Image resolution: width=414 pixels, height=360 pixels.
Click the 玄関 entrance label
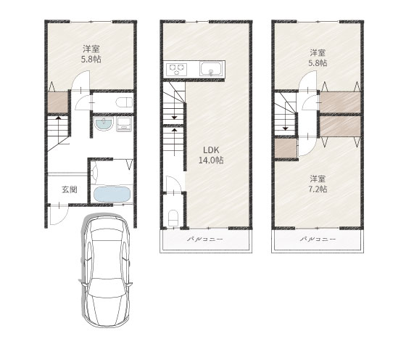[70, 189]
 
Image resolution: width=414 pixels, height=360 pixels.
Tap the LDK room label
[211, 150]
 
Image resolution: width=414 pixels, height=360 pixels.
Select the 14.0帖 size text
[211, 160]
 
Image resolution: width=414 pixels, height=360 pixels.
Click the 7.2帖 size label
[318, 189]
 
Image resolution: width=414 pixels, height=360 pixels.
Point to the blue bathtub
[112, 195]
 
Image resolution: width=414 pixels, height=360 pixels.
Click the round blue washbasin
[104, 124]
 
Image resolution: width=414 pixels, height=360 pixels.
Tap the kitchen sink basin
[211, 69]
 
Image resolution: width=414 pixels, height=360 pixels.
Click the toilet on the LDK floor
[173, 218]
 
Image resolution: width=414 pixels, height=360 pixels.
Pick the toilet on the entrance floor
[124, 102]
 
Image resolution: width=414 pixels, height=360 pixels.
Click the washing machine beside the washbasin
[124, 124]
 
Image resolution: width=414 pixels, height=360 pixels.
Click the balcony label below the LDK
[205, 240]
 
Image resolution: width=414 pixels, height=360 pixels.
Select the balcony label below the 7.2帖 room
[318, 240]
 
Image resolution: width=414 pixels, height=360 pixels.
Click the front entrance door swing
[59, 215]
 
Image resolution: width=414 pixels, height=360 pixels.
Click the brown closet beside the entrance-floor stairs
[58, 102]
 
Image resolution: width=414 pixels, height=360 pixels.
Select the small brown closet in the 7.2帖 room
[285, 149]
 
